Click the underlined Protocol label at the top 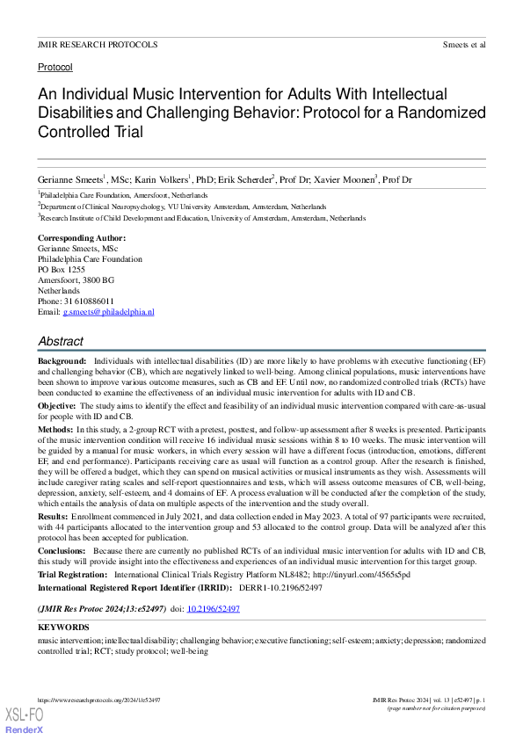(x=54, y=67)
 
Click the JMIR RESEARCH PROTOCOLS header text (x=98, y=44)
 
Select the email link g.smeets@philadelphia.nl (x=108, y=312)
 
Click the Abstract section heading (x=61, y=341)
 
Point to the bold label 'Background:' (x=62, y=361)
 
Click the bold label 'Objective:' (x=57, y=405)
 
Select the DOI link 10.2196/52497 (x=216, y=608)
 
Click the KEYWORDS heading (x=63, y=628)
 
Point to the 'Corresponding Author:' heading (x=82, y=238)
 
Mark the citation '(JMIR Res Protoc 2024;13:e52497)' (x=101, y=608)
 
